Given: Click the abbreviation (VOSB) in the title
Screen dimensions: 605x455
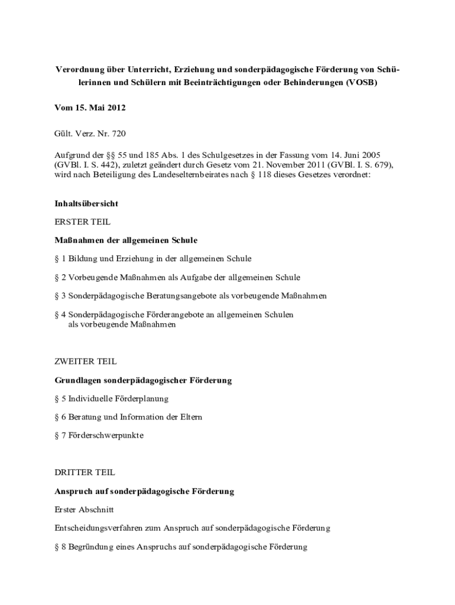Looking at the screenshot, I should (359, 83).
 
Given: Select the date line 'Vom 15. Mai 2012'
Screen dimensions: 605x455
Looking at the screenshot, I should (90, 109).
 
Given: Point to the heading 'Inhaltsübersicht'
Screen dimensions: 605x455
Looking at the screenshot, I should (86, 203).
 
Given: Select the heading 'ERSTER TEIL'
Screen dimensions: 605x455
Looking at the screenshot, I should (82, 222).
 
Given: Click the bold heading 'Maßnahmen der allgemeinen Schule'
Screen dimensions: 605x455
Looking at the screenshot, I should (126, 240).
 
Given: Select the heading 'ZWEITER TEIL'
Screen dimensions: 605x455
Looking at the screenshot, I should (85, 361).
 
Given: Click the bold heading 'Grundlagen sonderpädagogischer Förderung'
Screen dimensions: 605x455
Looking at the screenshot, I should (143, 380).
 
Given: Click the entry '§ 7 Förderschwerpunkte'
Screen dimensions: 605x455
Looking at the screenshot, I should (99, 435).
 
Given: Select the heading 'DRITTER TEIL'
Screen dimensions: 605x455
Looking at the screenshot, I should (85, 473).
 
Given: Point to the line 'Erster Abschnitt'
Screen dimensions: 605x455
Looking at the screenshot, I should (84, 509).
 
